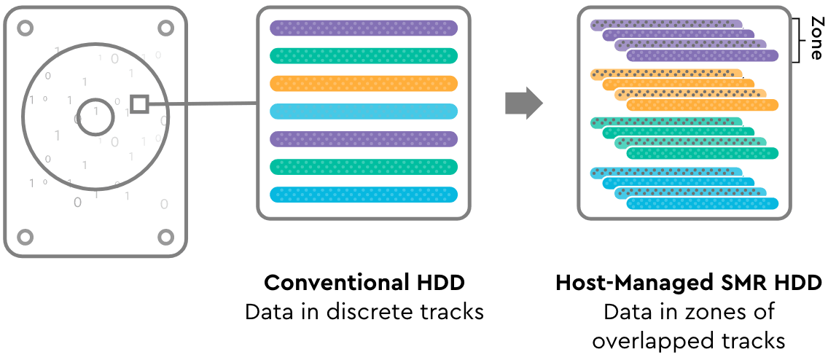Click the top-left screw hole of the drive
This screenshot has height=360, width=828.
click(x=25, y=28)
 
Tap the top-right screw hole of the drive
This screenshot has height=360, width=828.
click(x=165, y=28)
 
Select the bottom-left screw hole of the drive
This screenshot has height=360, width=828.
click(x=25, y=237)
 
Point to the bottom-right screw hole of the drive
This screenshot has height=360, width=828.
click(x=165, y=237)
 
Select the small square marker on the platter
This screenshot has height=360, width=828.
click(x=139, y=105)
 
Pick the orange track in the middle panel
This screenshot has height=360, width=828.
click(x=363, y=83)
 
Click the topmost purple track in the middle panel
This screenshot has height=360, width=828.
click(x=363, y=28)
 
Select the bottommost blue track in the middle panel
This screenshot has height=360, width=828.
click(x=363, y=195)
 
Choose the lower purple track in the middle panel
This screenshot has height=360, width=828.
click(x=363, y=139)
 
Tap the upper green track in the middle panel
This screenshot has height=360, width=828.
click(x=363, y=55)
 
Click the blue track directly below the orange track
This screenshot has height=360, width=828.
click(x=363, y=111)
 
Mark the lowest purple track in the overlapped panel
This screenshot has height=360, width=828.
click(x=703, y=56)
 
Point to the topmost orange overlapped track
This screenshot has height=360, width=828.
click(x=666, y=73)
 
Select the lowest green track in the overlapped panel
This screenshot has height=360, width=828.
click(x=703, y=154)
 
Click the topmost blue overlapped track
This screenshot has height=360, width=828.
click(x=666, y=171)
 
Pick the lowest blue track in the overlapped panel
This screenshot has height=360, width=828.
click(x=703, y=203)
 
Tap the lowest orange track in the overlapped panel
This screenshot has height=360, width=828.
click(x=703, y=105)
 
